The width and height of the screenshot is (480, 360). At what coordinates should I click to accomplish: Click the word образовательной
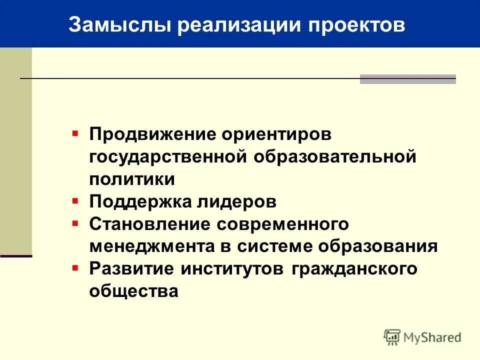pos(335,157)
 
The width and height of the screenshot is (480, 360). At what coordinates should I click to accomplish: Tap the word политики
pos(132,179)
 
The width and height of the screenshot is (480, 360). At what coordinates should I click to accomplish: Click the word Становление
pos(149,224)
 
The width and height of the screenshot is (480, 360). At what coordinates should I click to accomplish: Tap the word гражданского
pos(352,268)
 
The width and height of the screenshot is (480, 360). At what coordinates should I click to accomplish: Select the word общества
pos(133,291)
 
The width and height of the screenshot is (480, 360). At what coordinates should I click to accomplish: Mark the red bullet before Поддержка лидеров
pos(75,201)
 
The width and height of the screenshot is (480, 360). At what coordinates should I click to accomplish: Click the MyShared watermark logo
pos(422,337)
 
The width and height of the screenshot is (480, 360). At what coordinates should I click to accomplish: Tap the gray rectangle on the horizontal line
pos(407,79)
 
